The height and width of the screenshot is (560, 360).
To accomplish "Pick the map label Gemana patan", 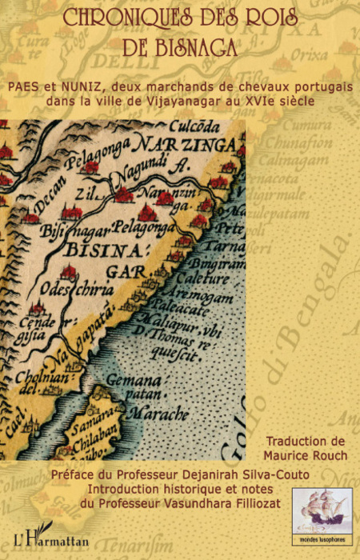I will coord(132,388).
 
